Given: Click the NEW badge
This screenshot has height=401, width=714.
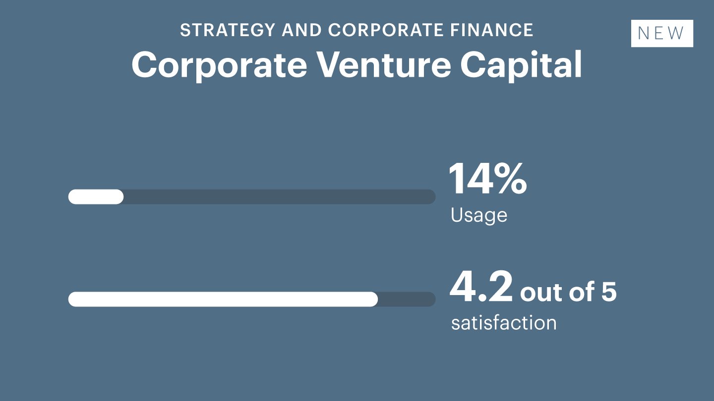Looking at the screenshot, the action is tap(662, 34).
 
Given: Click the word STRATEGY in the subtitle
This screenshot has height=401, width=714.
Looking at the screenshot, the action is tap(228, 30).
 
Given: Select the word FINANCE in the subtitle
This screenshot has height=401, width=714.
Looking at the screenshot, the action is tap(492, 30).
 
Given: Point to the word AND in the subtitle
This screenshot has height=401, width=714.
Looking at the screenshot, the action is tap(301, 30).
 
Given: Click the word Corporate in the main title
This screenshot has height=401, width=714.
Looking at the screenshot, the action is tap(219, 65).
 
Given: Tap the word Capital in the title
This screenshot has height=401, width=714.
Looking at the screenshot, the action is tap(521, 65).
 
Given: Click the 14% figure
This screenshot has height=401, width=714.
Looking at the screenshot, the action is tap(488, 178).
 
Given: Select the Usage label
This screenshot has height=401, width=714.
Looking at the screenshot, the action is tap(479, 215).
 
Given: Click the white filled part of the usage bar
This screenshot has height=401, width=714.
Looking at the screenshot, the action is tap(96, 197).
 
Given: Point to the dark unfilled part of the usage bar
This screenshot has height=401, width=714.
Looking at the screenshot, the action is tap(280, 197).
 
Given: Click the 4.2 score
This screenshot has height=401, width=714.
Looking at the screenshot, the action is tap(481, 287).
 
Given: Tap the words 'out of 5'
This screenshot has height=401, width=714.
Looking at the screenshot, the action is tap(568, 291).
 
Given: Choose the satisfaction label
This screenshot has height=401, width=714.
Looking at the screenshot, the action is tap(504, 323).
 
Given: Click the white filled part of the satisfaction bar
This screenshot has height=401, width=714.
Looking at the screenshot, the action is tap(223, 299).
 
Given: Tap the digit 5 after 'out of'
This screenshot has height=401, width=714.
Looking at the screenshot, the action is tap(609, 292).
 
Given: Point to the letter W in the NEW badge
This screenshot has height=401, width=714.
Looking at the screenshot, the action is tap(675, 33).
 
